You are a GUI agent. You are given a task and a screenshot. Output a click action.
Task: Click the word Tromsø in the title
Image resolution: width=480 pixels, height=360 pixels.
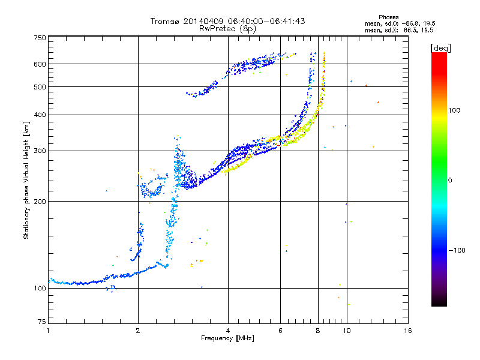[166, 21]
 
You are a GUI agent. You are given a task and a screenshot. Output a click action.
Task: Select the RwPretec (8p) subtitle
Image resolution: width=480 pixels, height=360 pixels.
[227, 29]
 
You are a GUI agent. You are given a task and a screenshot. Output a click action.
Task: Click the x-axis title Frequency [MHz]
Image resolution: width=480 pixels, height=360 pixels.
[227, 338]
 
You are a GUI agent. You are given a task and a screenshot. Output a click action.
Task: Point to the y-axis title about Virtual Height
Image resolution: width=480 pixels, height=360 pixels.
[26, 181]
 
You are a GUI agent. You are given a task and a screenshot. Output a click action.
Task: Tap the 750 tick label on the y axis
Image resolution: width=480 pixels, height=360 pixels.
[40, 38]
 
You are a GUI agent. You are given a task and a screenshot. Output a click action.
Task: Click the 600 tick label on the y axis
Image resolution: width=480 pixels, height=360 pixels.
[40, 64]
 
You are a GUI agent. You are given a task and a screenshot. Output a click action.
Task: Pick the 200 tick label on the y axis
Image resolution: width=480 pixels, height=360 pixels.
[40, 202]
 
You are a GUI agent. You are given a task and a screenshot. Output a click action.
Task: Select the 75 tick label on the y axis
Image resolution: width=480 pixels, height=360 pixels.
[42, 322]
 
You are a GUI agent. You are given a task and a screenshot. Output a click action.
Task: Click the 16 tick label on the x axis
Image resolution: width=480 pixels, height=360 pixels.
[408, 331]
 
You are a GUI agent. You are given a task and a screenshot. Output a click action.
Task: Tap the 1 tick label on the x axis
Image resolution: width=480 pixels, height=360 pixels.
[48, 331]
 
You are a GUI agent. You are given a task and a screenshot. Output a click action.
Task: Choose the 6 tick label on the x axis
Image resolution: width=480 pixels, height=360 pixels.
[280, 331]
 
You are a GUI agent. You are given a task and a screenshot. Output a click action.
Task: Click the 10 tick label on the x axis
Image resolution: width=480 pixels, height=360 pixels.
[347, 331]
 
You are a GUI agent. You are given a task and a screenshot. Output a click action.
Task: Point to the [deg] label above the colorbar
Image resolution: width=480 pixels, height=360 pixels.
[440, 48]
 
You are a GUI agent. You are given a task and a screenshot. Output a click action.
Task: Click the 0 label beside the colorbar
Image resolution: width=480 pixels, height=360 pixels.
[450, 181]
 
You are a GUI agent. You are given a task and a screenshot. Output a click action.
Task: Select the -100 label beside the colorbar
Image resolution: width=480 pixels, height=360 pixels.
[457, 250]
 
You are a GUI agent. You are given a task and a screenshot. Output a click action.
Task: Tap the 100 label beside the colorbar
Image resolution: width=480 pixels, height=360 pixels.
[454, 110]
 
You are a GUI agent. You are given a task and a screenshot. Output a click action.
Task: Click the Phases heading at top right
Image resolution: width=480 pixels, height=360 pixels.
[389, 17]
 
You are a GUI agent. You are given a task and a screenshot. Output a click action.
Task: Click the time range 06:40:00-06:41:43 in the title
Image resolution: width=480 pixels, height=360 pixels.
[266, 21]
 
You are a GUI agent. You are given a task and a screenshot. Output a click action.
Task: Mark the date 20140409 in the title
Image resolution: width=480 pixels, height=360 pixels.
[203, 21]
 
